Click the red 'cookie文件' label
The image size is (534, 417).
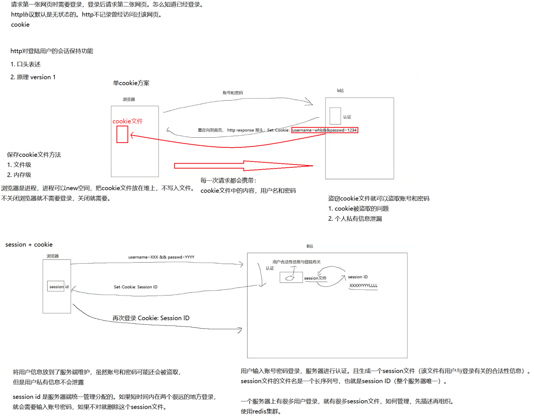(x=128, y=121)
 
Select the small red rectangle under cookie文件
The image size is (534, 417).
(x=122, y=134)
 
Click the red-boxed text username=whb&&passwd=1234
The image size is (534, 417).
(x=325, y=130)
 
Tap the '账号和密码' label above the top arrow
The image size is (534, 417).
(x=233, y=93)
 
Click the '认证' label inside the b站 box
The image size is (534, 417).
(x=347, y=117)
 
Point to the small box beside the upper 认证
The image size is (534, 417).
(x=335, y=116)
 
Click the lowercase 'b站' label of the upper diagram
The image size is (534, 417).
(x=340, y=90)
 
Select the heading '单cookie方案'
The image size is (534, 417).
(x=131, y=83)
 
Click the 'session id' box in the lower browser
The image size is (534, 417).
(x=56, y=287)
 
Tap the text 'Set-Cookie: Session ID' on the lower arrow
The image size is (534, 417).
(x=135, y=287)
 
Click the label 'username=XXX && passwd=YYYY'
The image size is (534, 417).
(x=161, y=257)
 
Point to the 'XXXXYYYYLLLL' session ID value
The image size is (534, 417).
(x=363, y=285)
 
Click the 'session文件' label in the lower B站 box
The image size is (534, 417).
(x=315, y=278)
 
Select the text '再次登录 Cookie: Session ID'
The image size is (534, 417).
(x=151, y=318)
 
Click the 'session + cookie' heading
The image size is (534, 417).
(x=29, y=245)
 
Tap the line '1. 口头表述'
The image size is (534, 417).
(x=26, y=64)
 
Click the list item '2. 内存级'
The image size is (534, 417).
(x=19, y=175)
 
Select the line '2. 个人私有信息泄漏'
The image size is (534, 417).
(x=355, y=219)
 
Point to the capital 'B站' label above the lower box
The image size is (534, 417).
(x=310, y=246)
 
